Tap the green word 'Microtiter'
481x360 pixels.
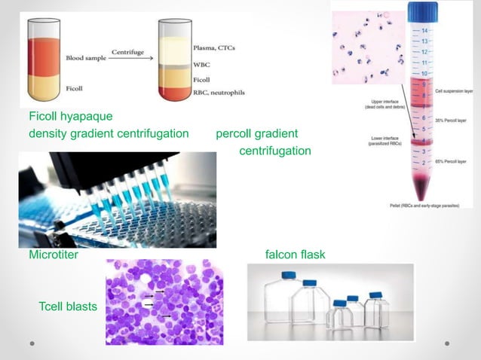tap(54, 255)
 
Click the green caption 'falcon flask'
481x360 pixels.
tap(296, 255)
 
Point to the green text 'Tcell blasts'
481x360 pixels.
tap(68, 306)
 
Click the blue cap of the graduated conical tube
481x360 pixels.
tap(423, 12)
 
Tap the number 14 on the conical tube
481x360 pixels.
tap(425, 30)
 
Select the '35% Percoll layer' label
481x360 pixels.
tap(454, 121)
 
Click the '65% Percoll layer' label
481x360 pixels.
tap(454, 163)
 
